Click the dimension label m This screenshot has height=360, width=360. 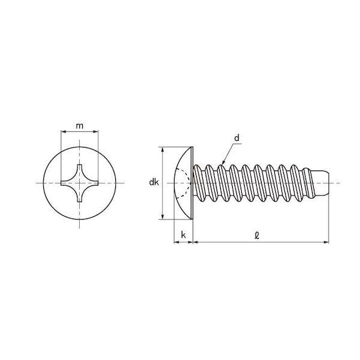(79, 126)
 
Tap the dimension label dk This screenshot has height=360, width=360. (154, 182)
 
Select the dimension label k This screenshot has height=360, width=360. (183, 235)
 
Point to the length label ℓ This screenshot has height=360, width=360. (257, 235)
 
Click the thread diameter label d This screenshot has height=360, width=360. (237, 138)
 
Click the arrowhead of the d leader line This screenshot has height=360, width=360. (223, 162)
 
